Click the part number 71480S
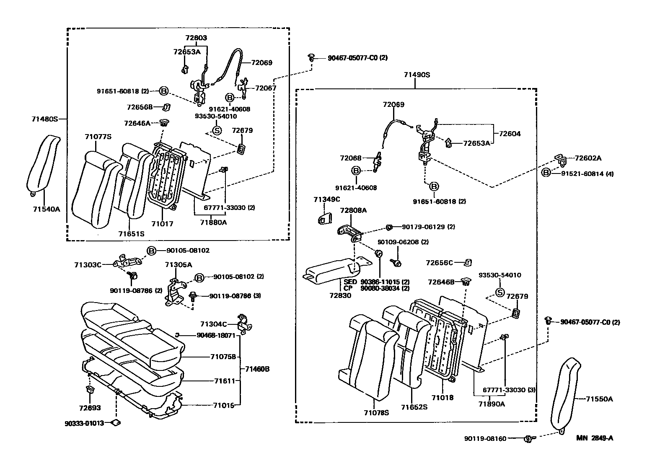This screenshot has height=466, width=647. [44, 119]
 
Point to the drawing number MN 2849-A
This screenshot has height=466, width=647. [594, 438]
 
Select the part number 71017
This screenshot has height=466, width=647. [162, 224]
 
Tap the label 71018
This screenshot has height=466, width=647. [443, 398]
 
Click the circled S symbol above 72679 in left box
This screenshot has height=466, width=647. [217, 130]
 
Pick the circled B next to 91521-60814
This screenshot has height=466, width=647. [546, 173]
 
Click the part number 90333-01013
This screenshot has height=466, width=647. [84, 423]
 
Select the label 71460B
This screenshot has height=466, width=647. [257, 369]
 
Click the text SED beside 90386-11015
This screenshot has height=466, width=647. [350, 282]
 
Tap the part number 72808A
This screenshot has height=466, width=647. [353, 210]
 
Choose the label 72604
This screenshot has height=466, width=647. [510, 134]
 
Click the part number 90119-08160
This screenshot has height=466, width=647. [485, 439]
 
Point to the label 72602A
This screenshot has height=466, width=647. [588, 158]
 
